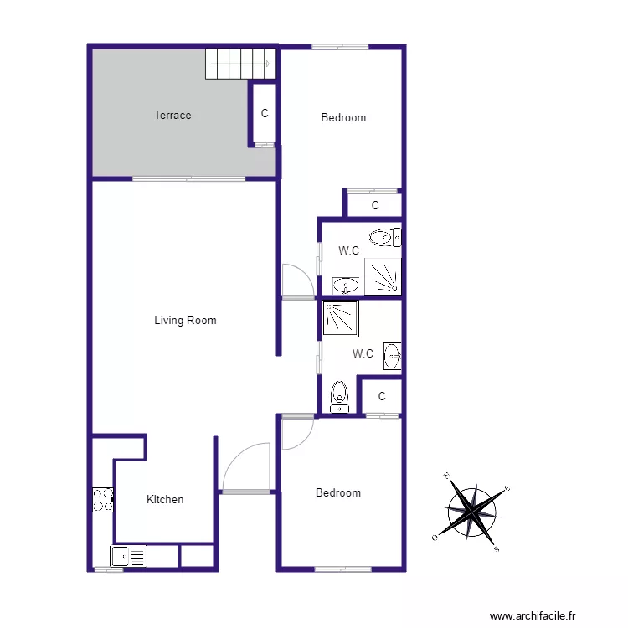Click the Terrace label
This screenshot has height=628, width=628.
tap(172, 116)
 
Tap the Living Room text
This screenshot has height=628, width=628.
tap(185, 320)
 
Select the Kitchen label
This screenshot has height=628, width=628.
tap(165, 500)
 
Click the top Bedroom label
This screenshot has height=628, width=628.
tap(343, 118)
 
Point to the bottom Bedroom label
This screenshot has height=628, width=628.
tap(338, 493)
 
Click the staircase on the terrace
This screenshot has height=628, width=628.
tap(240, 64)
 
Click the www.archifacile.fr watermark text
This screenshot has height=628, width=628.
tap(533, 615)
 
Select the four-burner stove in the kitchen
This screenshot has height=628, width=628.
tap(103, 500)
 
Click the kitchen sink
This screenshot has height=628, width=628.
tap(128, 556)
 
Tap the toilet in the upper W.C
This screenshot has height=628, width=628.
tap(385, 238)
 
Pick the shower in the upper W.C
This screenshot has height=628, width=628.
tap(383, 276)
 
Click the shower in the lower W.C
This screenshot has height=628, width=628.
tap(339, 318)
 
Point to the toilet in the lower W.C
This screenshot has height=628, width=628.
tap(339, 395)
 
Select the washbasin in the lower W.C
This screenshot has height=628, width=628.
tap(392, 357)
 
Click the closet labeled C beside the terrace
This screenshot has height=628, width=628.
tap(264, 114)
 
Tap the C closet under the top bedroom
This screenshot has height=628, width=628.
tap(374, 205)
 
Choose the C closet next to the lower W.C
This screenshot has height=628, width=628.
tap(382, 397)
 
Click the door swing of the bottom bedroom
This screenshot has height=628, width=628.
tap(297, 432)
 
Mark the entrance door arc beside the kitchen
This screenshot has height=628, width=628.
tap(246, 469)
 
